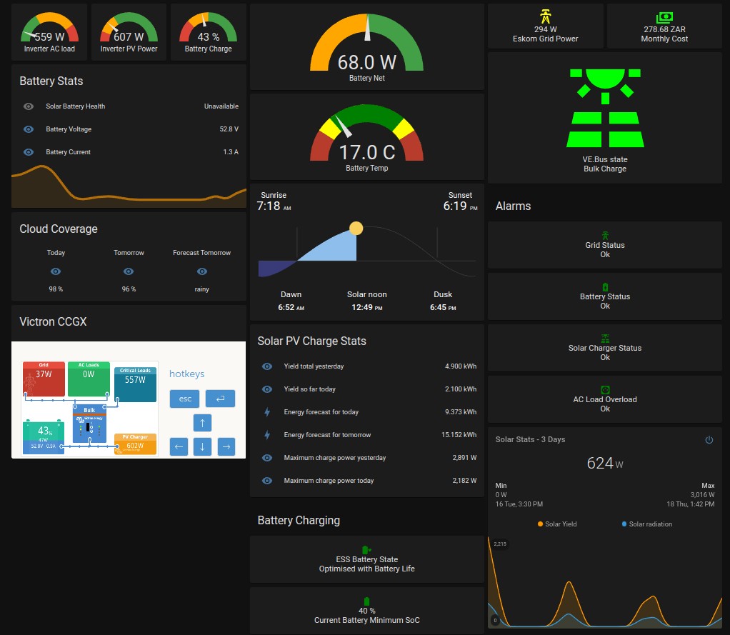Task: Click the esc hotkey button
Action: pyautogui.click(x=184, y=399)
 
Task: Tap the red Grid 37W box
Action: pyautogui.click(x=44, y=379)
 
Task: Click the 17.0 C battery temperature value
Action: pyautogui.click(x=366, y=152)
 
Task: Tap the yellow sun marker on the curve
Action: pyautogui.click(x=356, y=229)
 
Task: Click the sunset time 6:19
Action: pyautogui.click(x=455, y=206)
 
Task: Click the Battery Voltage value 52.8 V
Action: pyautogui.click(x=229, y=129)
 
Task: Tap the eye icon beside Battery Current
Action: pyautogui.click(x=29, y=152)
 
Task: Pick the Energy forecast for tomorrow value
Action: pyautogui.click(x=459, y=435)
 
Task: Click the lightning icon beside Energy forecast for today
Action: pyautogui.click(x=267, y=412)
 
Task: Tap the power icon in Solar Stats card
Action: pyautogui.click(x=709, y=440)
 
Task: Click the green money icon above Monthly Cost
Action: pyautogui.click(x=664, y=17)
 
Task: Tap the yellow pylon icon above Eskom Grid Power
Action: pyautogui.click(x=545, y=16)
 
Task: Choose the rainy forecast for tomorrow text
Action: pyautogui.click(x=201, y=289)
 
